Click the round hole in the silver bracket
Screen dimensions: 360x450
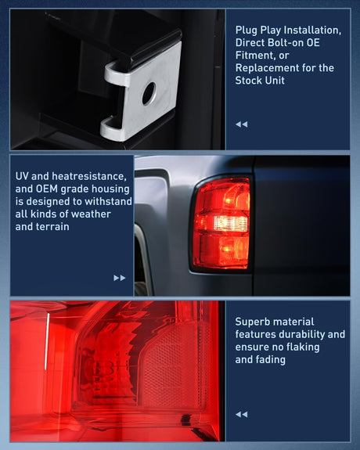(x=149, y=94)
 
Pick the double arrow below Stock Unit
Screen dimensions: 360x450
(x=242, y=124)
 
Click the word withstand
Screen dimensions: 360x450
(x=108, y=201)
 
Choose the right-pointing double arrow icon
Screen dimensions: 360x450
(x=120, y=278)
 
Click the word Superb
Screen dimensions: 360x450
(x=249, y=322)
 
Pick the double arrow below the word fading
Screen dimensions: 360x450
(x=242, y=414)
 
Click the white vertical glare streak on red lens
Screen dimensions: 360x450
(x=47, y=341)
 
